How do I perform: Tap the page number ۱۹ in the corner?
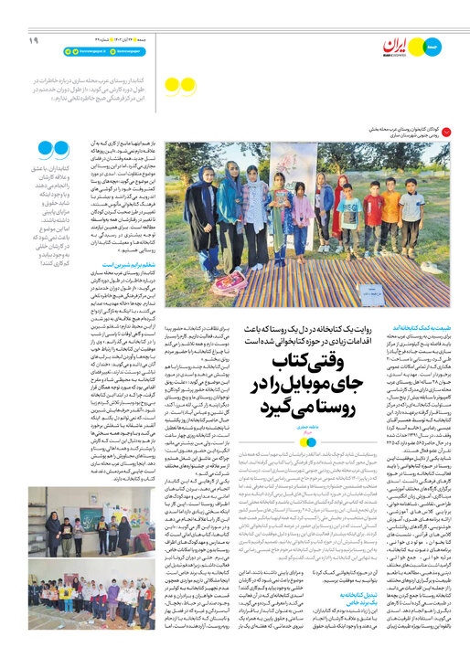pos(33,40)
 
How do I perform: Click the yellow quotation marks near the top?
pos(178,88)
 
